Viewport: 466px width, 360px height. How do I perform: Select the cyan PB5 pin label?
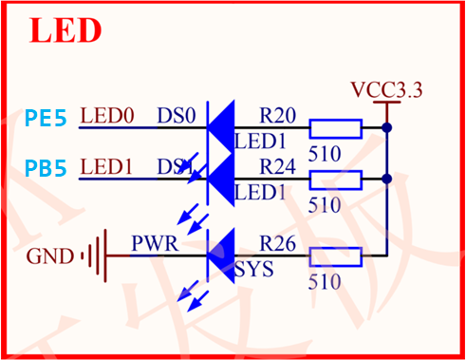46,169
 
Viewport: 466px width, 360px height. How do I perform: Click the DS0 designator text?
177,117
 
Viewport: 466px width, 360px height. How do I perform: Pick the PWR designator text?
153,243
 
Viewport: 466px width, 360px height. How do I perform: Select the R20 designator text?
277,117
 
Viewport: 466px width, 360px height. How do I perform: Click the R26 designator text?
277,245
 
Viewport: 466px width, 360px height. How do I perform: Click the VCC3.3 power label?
386,91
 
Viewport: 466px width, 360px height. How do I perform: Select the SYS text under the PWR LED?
254,270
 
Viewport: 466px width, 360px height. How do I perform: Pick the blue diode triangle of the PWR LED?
222,255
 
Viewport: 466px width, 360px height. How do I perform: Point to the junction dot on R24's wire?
386,179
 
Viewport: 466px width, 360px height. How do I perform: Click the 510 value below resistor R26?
325,281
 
